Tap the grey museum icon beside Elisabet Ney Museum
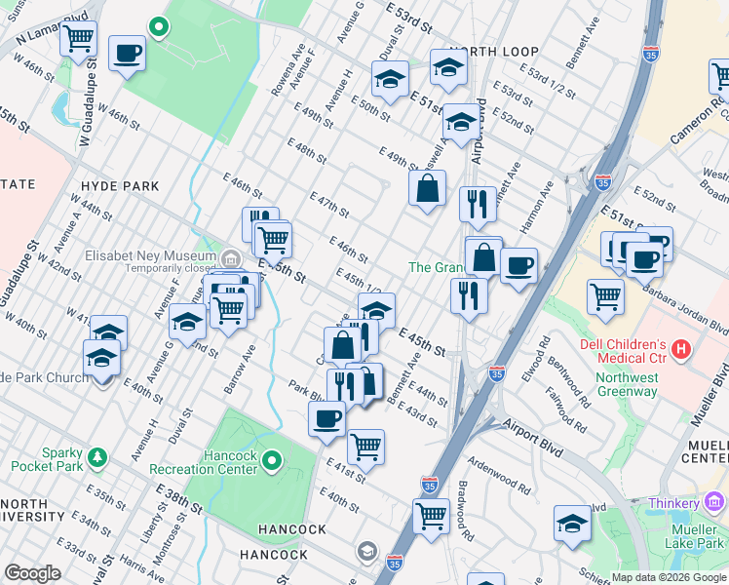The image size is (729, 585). tap(231, 258)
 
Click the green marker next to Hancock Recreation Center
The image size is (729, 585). tap(272, 459)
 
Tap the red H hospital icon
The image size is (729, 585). tap(681, 348)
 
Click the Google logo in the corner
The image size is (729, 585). tap(33, 573)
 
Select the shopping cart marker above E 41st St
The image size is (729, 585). tap(365, 446)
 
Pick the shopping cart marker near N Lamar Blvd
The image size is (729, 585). tap(78, 38)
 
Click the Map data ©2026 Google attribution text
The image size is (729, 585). tap(669, 577)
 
